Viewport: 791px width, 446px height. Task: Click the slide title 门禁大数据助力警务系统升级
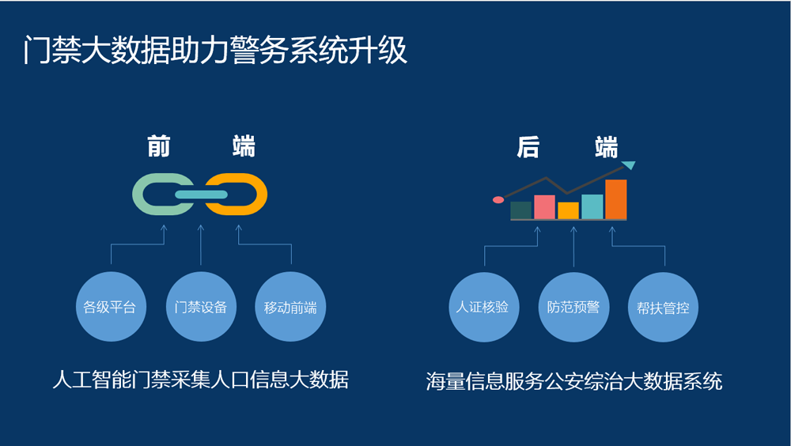click(215, 51)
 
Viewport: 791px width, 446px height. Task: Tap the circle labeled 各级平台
click(111, 307)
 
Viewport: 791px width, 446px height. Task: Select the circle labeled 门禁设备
click(201, 307)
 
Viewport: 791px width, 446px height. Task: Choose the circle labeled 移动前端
click(290, 307)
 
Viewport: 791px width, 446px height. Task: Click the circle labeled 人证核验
click(484, 308)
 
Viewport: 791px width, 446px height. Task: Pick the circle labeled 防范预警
click(573, 308)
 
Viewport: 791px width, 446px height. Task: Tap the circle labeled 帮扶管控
click(664, 308)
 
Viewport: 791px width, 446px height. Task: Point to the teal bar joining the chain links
click(201, 195)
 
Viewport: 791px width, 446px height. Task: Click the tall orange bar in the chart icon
click(616, 199)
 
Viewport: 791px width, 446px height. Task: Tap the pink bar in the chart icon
click(544, 207)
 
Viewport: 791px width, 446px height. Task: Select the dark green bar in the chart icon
click(520, 210)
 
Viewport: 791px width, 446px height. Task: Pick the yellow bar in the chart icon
click(568, 211)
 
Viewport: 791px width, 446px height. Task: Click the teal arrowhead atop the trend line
click(629, 165)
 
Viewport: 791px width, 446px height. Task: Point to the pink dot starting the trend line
click(498, 200)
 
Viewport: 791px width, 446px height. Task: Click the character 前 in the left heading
click(159, 146)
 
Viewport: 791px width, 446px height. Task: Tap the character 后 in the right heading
click(528, 147)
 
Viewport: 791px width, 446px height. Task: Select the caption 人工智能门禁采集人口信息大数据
click(201, 380)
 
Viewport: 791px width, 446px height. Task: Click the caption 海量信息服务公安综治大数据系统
click(574, 381)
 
